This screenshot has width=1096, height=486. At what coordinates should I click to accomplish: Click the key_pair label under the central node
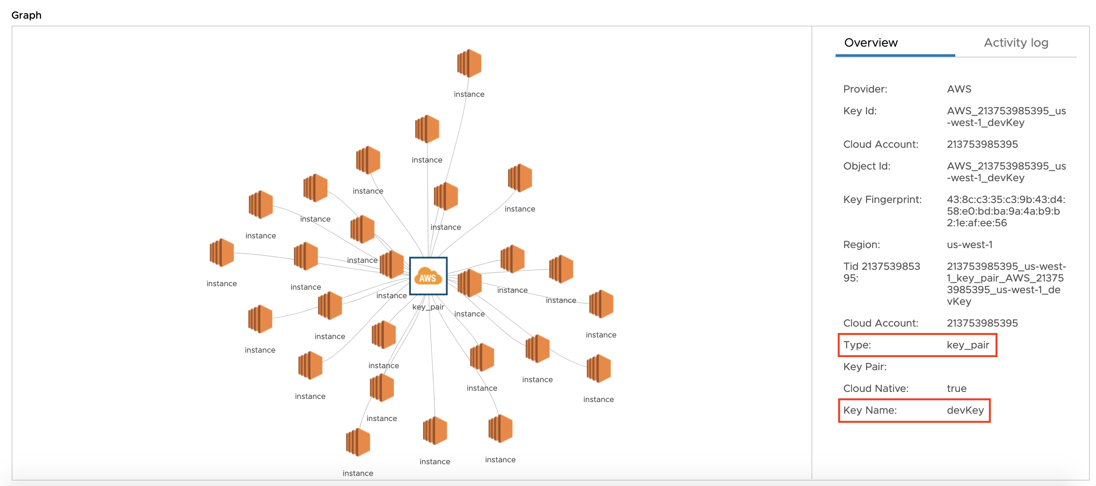click(x=428, y=307)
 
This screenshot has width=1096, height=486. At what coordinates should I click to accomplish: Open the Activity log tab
click(x=1016, y=42)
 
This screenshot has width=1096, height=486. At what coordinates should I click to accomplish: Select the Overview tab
click(x=871, y=42)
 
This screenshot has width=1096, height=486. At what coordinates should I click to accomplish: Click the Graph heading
click(x=26, y=15)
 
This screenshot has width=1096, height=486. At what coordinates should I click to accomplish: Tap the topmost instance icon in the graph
click(x=469, y=63)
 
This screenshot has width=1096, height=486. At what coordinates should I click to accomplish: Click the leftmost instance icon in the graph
click(x=222, y=253)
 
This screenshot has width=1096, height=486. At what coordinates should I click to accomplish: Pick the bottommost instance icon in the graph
click(x=358, y=442)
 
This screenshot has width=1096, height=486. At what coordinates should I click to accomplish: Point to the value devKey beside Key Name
click(x=965, y=410)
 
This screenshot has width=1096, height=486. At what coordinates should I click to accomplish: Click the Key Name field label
click(x=870, y=410)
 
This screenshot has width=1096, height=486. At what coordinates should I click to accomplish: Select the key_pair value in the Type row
click(x=967, y=345)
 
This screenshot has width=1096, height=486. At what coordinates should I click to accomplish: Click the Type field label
click(x=857, y=345)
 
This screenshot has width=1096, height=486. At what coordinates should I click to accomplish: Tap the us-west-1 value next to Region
click(x=969, y=245)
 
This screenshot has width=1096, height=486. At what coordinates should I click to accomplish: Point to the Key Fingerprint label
click(x=882, y=199)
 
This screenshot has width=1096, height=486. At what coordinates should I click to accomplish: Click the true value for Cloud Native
click(x=956, y=388)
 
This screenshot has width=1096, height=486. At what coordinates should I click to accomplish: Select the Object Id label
click(x=866, y=166)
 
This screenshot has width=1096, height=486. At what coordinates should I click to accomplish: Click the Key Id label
click(x=859, y=111)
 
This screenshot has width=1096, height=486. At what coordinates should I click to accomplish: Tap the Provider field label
click(x=865, y=89)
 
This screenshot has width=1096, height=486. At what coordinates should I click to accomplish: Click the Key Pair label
click(x=864, y=367)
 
